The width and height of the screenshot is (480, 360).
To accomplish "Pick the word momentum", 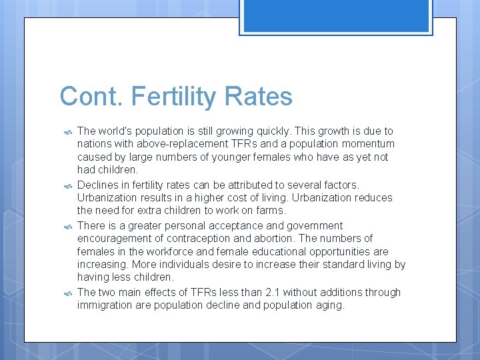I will (x=371, y=144).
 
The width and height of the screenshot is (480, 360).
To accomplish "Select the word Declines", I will (x=98, y=185).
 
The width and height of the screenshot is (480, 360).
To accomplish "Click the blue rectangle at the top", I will (x=336, y=15).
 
